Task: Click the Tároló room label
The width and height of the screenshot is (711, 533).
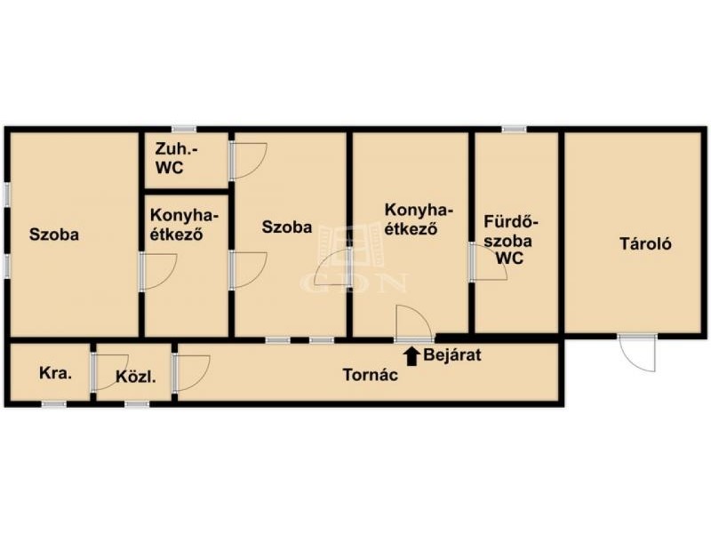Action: tap(645, 243)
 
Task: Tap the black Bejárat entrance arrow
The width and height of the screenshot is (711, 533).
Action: tap(411, 356)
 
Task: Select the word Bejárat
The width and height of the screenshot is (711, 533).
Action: tap(452, 354)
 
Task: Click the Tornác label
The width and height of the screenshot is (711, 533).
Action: tap(370, 375)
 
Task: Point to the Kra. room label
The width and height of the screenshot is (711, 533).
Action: tap(55, 373)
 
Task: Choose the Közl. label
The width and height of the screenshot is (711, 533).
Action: tap(136, 377)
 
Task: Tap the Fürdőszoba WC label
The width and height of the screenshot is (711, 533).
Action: tap(510, 240)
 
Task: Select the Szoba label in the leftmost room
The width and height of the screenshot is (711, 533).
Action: tap(54, 235)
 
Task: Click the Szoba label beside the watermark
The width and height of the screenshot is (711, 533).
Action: tap(286, 227)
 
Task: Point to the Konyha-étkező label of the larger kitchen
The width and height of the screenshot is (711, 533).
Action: tap(419, 219)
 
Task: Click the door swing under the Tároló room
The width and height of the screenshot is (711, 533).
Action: tap(637, 353)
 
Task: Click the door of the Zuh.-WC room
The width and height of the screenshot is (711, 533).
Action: tap(248, 161)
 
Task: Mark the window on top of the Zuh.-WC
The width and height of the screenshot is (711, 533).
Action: tap(184, 129)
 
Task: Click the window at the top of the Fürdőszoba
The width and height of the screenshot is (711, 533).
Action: tap(515, 129)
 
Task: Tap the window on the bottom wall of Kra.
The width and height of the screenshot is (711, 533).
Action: tap(54, 404)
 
